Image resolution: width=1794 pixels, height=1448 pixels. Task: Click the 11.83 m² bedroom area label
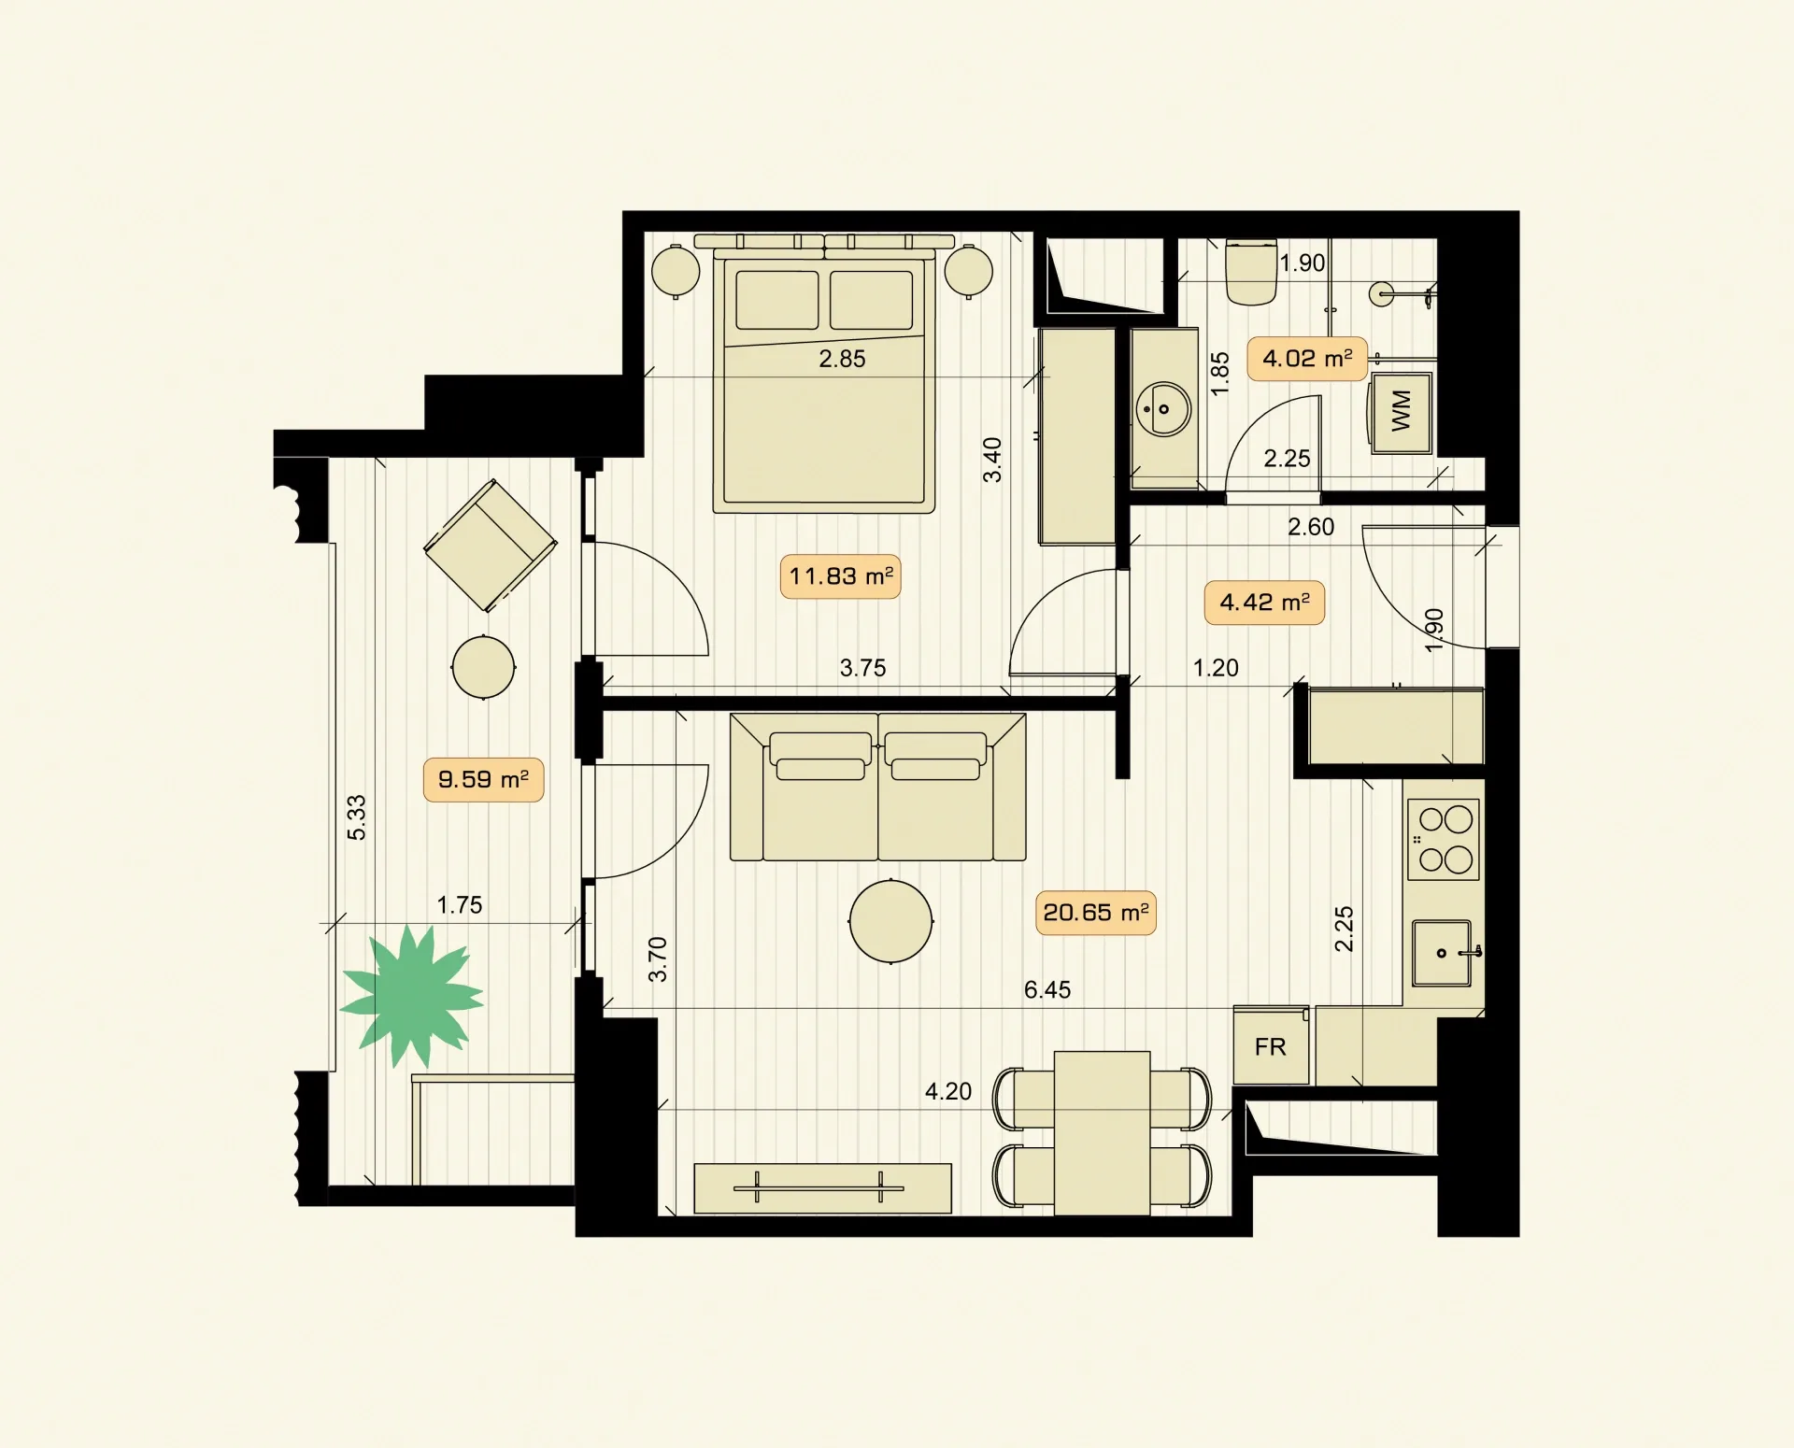click(x=840, y=575)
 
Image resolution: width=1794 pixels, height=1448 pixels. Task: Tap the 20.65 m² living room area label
click(x=1095, y=912)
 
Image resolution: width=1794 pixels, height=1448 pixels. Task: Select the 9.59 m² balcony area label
click(x=483, y=779)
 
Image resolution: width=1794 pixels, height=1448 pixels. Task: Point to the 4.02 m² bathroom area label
click(x=1307, y=358)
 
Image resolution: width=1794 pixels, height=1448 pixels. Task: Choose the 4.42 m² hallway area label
click(x=1264, y=602)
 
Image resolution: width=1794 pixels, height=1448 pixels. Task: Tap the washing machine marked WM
click(x=1401, y=413)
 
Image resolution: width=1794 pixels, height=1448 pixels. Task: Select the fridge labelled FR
click(x=1271, y=1045)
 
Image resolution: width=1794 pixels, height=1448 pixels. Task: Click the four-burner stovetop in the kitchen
click(x=1444, y=839)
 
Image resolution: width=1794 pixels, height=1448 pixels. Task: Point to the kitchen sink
click(x=1443, y=953)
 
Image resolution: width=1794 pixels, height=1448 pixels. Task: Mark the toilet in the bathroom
click(x=1251, y=272)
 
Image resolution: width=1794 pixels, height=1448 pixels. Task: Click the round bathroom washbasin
click(x=1163, y=408)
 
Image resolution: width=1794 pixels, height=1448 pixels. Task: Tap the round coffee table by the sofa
click(x=890, y=921)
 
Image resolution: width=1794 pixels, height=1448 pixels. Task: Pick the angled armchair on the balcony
click(x=491, y=546)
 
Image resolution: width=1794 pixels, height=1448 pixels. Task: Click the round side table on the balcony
click(x=483, y=667)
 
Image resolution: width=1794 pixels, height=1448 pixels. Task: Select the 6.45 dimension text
click(x=1047, y=989)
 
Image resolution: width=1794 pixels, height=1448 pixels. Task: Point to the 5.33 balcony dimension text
click(x=356, y=817)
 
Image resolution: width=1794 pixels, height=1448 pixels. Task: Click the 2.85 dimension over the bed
click(x=842, y=359)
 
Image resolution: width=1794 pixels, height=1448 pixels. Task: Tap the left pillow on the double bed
click(x=777, y=300)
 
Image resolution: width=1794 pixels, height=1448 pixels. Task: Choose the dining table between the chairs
click(x=1103, y=1133)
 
